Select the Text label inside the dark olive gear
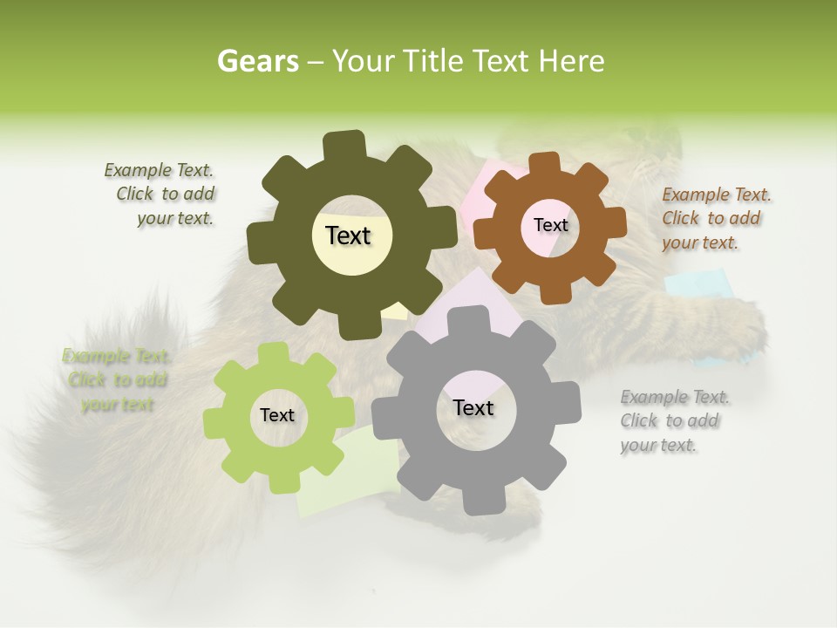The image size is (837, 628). pos(348,235)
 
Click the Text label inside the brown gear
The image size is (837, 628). pos(550,225)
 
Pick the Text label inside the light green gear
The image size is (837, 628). pos(277,415)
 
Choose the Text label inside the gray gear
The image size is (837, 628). pos(473,407)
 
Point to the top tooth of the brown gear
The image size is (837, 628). pos(544,163)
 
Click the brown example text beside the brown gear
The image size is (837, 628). pos(715,218)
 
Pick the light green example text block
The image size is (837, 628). pos(117,380)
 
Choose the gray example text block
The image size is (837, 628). pos(673,420)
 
